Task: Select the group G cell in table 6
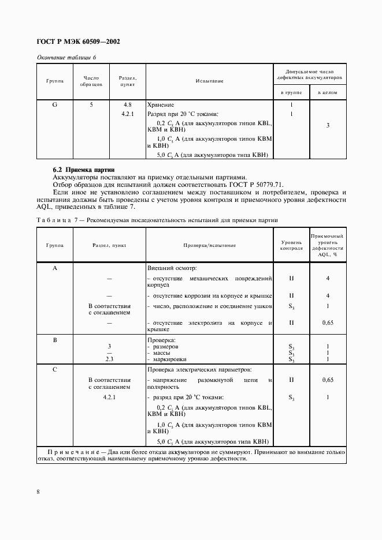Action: (x=55, y=105)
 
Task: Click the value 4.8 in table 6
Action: (x=128, y=105)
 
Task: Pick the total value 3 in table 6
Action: (x=328, y=125)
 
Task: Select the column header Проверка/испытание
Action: (x=209, y=245)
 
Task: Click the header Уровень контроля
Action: (x=291, y=245)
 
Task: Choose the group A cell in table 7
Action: (x=55, y=268)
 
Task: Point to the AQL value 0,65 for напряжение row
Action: (x=328, y=380)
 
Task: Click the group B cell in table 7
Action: (x=55, y=340)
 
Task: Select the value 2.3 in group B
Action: (x=109, y=359)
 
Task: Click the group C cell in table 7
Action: (x=55, y=369)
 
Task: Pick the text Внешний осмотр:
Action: (x=172, y=268)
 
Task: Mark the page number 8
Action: (x=38, y=492)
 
